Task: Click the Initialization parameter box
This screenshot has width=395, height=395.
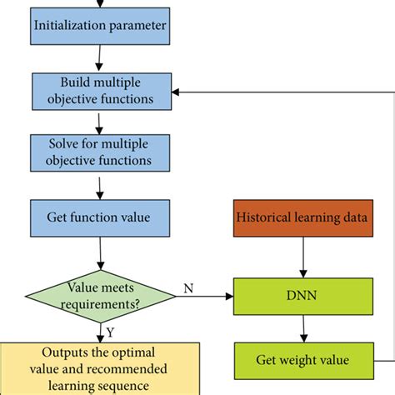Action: point(99,25)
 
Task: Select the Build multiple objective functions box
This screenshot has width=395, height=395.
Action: point(99,90)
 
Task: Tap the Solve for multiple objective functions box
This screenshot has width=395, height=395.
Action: point(99,151)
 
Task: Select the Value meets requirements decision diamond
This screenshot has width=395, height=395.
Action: point(99,294)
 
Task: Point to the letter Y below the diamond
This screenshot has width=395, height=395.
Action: point(109,332)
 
